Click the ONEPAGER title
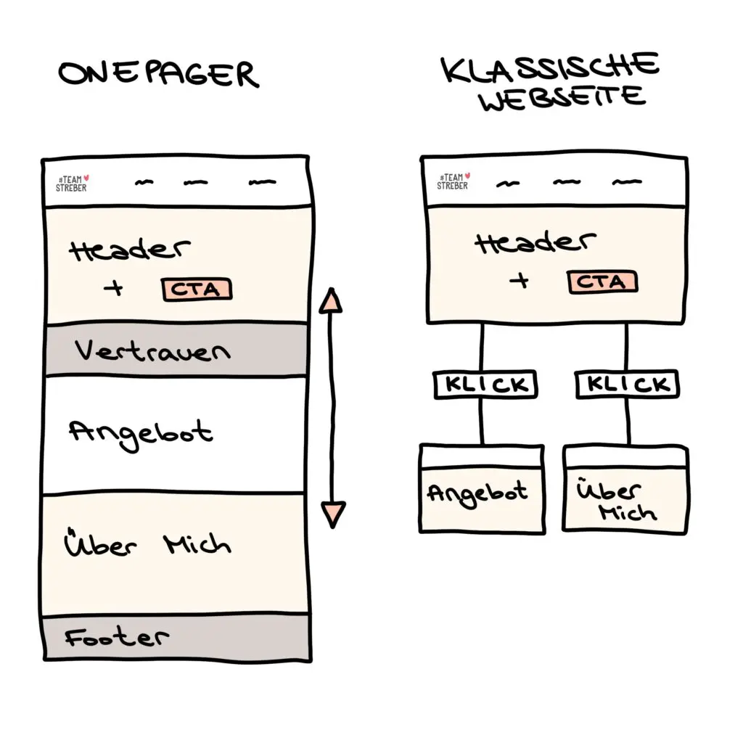[159, 74]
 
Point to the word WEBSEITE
[562, 98]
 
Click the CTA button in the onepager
[197, 289]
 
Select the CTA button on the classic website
[602, 282]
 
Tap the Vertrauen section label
[152, 350]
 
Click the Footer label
[117, 637]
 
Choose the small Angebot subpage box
[482, 489]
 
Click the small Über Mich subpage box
[625, 490]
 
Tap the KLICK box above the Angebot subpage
[485, 385]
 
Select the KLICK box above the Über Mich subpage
[628, 384]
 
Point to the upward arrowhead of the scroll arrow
[331, 300]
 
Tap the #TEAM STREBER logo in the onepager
[72, 184]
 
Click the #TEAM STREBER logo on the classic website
[453, 181]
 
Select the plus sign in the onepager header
[113, 287]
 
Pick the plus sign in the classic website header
[520, 281]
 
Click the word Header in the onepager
[130, 250]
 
